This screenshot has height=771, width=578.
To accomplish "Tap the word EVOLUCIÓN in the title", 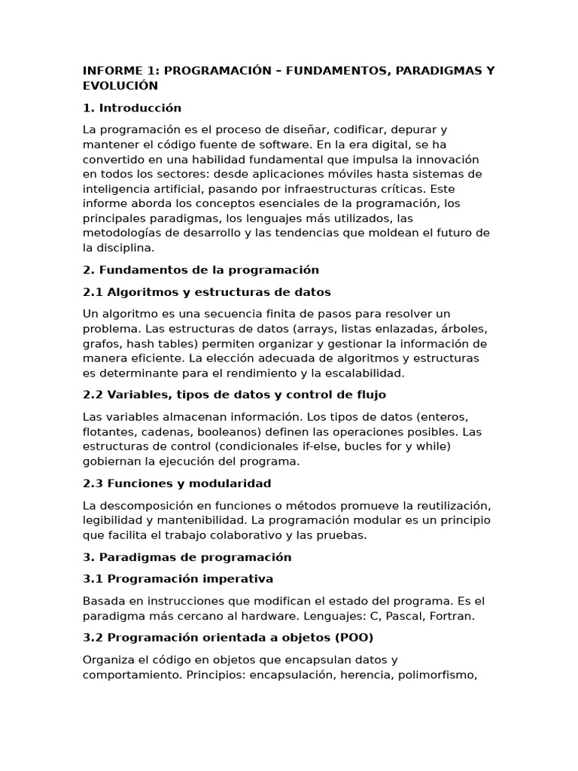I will tap(120, 86).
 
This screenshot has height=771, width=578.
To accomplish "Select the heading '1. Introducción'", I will tap(132, 108).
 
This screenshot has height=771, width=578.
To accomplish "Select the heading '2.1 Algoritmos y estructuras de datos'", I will tap(207, 291).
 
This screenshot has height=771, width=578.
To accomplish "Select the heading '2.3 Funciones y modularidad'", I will tap(177, 483).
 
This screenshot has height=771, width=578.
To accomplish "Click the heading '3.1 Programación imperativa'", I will tap(178, 579).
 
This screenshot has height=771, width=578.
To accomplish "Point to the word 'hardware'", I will tap(274, 616).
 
